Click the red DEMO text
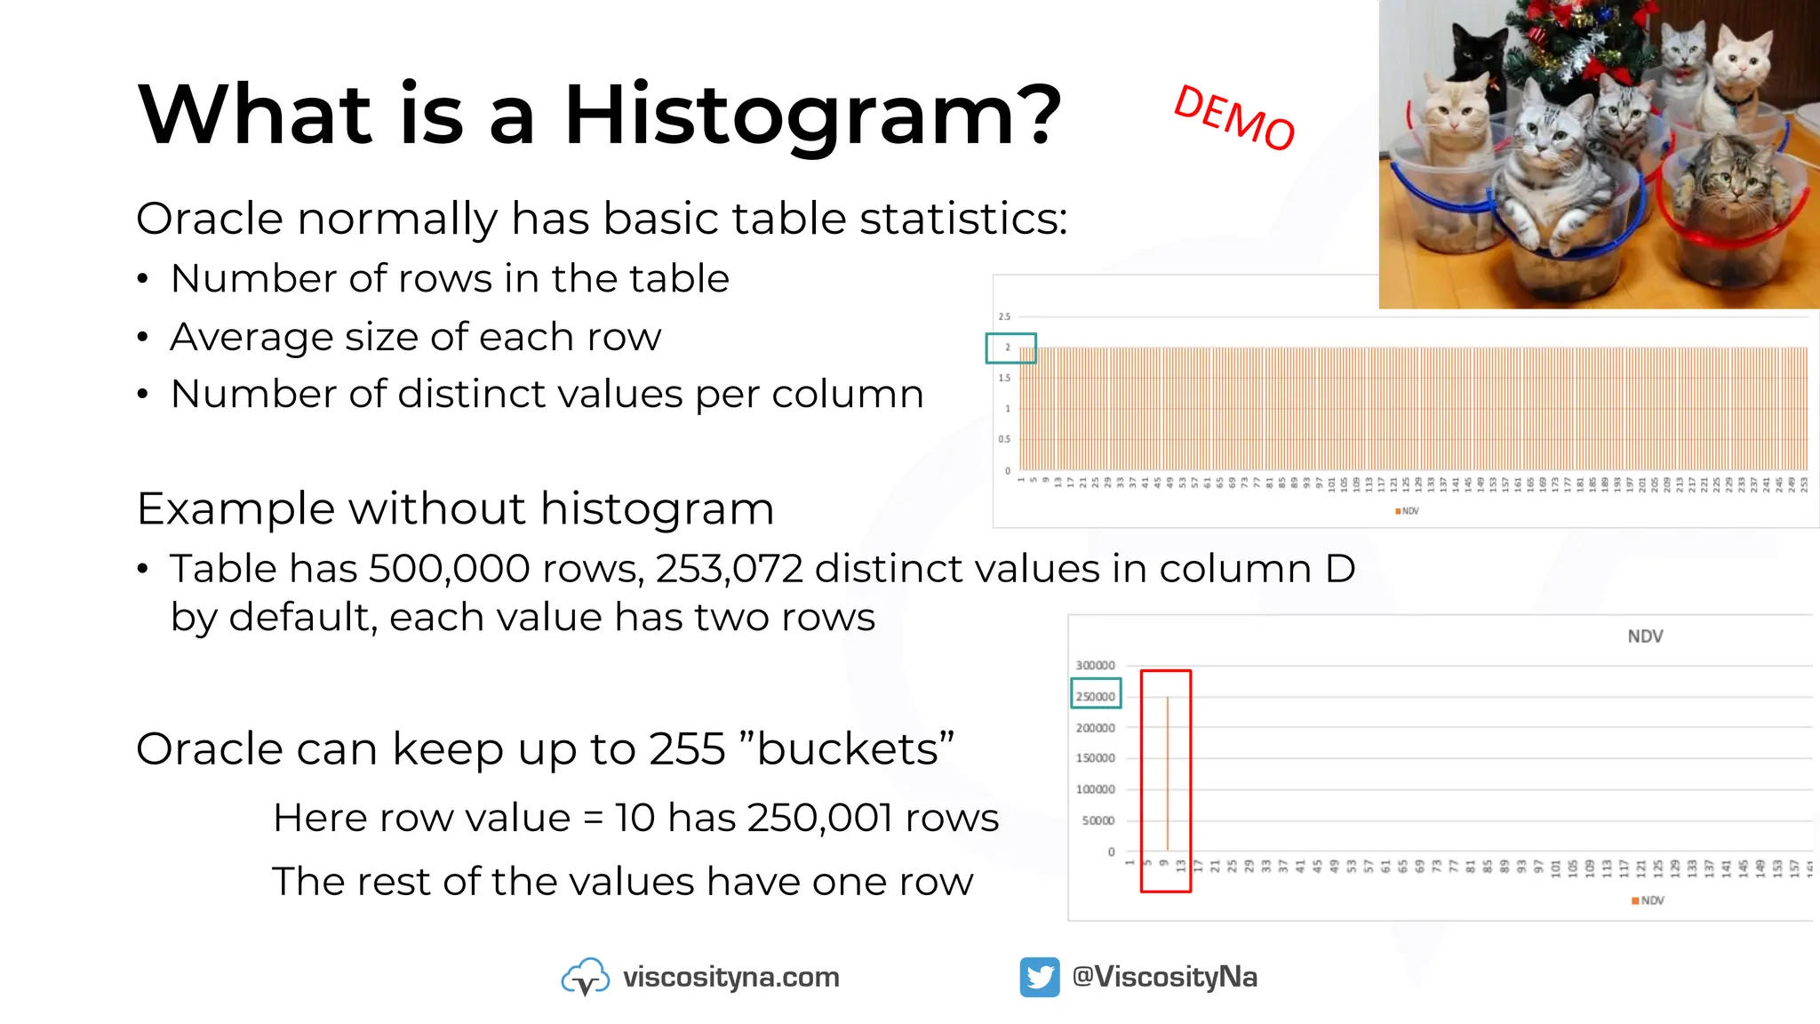1234,118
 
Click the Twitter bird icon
1039,977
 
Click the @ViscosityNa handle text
1164,977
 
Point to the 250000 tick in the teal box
1095,696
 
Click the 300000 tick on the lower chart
1095,665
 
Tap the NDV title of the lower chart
1645,636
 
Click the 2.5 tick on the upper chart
1004,316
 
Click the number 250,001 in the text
819,818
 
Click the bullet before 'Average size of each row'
143,338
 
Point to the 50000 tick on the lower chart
1098,820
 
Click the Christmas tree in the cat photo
1574,36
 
